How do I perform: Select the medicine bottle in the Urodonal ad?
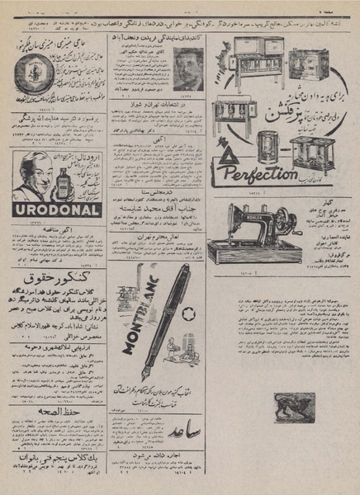tap(59, 180)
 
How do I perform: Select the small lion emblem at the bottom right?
tap(292, 406)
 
